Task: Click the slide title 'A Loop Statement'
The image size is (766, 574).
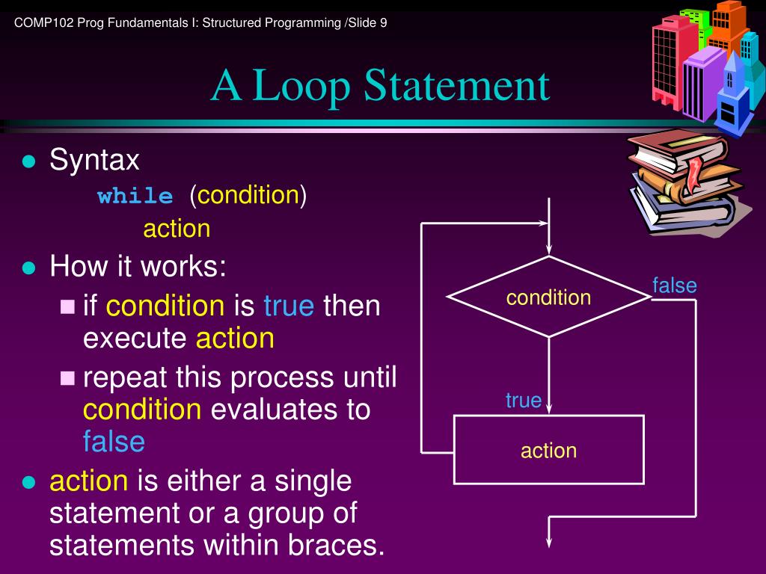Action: point(380,86)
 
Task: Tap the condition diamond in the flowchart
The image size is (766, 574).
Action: point(549,297)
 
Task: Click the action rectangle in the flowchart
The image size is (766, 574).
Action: point(549,450)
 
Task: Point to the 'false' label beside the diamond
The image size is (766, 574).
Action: point(674,286)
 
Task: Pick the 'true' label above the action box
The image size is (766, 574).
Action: point(523,401)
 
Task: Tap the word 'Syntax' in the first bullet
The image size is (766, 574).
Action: point(94,160)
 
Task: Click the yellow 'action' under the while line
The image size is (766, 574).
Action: point(177,229)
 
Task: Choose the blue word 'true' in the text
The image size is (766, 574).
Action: point(289,306)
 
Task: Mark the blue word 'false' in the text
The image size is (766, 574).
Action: point(114,442)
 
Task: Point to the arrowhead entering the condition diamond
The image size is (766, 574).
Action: point(550,248)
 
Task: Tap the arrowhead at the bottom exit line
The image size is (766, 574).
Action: point(550,546)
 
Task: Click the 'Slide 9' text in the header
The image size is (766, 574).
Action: point(367,22)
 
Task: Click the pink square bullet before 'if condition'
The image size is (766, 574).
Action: point(68,306)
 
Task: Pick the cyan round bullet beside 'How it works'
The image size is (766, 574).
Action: point(29,268)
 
